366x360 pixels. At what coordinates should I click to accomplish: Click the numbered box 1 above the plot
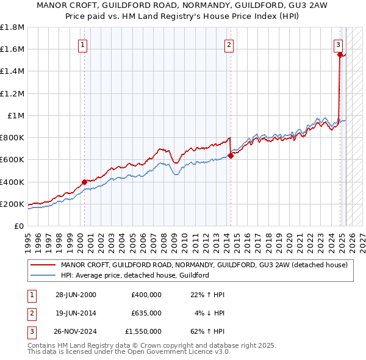pos(82,44)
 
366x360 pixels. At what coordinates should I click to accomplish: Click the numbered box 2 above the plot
pos(229,44)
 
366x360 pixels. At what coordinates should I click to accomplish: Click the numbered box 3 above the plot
pos(338,44)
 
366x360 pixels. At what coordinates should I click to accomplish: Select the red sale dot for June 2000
pos(84,181)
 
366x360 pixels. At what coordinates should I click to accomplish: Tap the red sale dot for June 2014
pos(231,156)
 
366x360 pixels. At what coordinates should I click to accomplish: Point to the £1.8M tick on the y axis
pos(13,27)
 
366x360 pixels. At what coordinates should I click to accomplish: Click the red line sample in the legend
pos(43,265)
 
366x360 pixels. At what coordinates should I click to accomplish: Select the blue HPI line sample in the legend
pos(43,275)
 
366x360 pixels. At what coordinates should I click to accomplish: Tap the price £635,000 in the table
pos(146,313)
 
